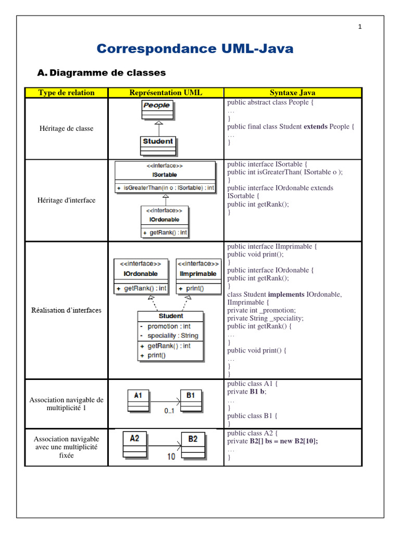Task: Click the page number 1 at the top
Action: click(359, 28)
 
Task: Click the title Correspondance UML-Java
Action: click(195, 49)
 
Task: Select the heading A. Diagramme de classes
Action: click(102, 73)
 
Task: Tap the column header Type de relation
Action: click(66, 93)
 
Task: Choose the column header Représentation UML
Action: click(166, 93)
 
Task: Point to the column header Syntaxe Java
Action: click(292, 93)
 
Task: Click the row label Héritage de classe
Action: click(66, 129)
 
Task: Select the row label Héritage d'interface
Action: click(66, 200)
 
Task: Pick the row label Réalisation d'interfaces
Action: click(66, 310)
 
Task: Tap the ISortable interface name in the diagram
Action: click(165, 175)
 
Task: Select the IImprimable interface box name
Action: click(197, 274)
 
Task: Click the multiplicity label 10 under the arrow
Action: click(171, 456)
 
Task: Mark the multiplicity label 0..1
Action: click(169, 411)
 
